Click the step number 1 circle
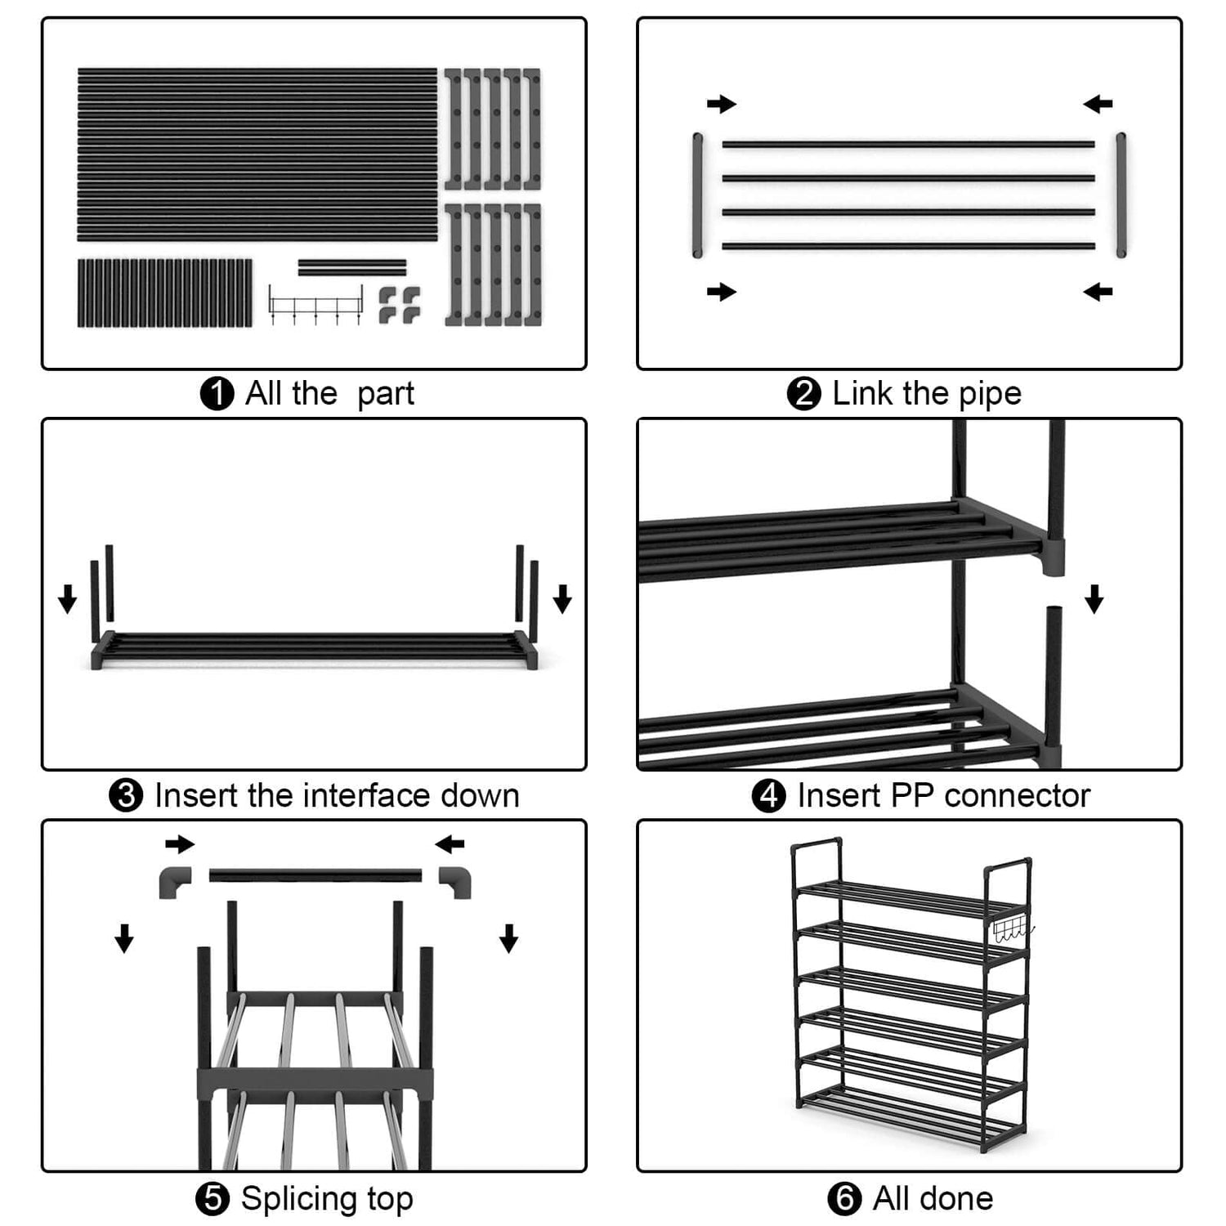click(x=217, y=394)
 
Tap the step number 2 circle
click(x=803, y=394)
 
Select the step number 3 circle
click(x=126, y=795)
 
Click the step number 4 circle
click(x=768, y=795)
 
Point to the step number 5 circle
click(x=213, y=1199)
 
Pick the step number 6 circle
click(x=844, y=1199)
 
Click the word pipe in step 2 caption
click(x=990, y=395)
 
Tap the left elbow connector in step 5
click(x=175, y=882)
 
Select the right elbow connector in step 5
click(x=455, y=882)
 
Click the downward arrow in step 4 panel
click(x=1094, y=598)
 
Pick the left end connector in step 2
click(x=697, y=195)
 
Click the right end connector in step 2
click(x=1121, y=195)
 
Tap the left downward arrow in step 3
click(x=67, y=598)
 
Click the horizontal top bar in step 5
click(x=315, y=875)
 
